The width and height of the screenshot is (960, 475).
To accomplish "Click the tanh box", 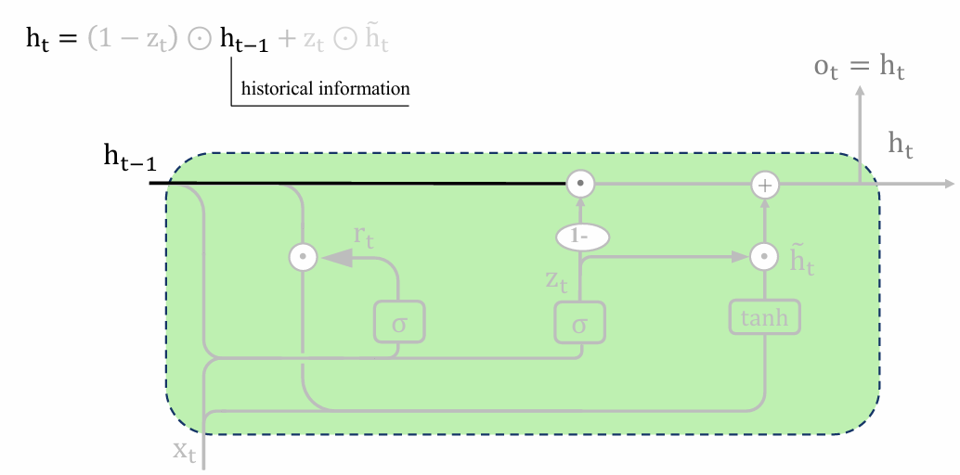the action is (764, 317).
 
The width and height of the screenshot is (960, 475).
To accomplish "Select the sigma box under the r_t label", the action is (399, 322).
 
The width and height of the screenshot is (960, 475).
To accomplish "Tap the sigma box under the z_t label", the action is (579, 322).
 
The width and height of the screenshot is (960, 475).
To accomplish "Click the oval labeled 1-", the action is (582, 237).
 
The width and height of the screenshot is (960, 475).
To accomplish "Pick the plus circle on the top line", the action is (765, 184).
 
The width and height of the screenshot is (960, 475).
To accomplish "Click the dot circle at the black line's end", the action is (579, 183).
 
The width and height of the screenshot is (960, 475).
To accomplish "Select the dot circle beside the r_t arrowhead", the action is (303, 257).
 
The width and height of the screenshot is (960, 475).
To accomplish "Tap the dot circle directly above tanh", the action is (764, 257).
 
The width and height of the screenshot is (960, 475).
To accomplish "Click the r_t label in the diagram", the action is (363, 237).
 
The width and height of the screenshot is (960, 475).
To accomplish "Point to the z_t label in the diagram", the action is (556, 280).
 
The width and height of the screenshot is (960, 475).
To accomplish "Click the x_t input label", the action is (184, 452).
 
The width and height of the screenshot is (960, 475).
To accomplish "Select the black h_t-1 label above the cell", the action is (130, 157).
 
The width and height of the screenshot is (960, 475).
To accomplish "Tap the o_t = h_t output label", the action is (859, 67).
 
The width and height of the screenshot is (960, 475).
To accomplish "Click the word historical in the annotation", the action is (274, 89).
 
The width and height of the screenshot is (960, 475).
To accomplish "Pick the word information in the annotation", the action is (360, 89).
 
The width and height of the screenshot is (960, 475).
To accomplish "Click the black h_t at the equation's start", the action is (37, 39).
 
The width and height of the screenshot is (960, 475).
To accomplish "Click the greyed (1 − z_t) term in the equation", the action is (133, 40).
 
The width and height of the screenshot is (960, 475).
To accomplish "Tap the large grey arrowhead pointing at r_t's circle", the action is (336, 257).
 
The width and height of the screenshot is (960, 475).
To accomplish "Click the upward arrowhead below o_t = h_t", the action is (860, 92).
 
